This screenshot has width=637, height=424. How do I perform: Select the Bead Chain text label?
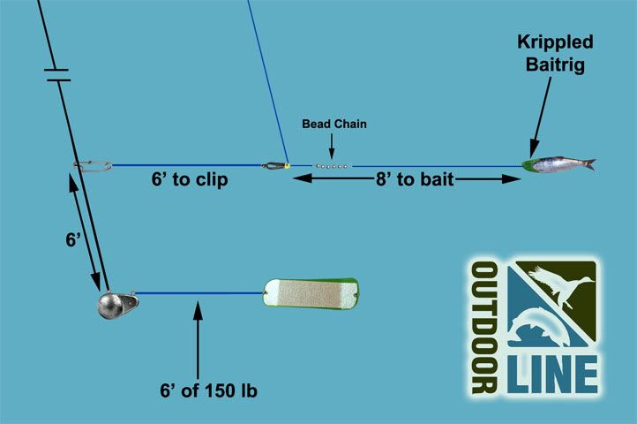334,125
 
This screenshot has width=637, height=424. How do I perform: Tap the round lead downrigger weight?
115,304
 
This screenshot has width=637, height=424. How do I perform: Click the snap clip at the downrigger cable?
93,164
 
